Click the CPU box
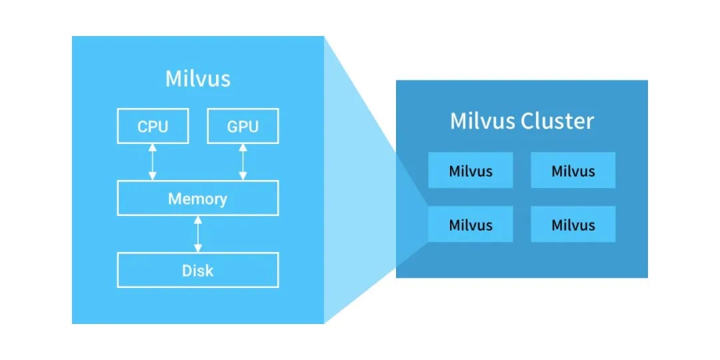point(153,126)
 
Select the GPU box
point(243,126)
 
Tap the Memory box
point(198,198)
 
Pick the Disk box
point(198,270)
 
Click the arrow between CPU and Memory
point(153,162)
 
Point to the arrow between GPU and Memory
point(243,162)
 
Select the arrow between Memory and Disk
point(198,234)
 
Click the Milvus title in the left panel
point(198,79)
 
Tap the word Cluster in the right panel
point(557,121)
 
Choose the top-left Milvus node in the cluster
point(471,171)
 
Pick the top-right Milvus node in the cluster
point(573,171)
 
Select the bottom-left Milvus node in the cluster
point(471,224)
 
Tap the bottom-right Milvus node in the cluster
point(573,224)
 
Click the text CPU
point(153,126)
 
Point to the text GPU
point(243,126)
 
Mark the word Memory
point(197,199)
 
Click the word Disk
point(198,271)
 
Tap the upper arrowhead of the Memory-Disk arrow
point(198,219)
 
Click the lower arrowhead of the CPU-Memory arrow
point(153,176)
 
